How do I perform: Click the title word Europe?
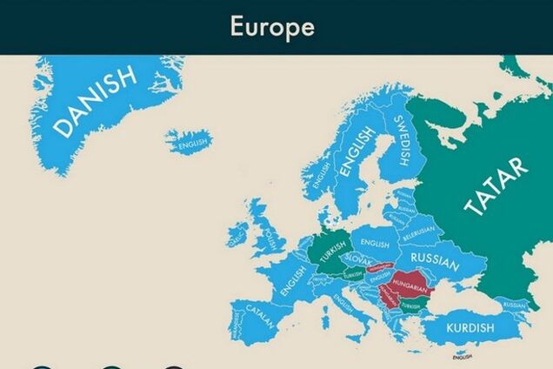pos(272,26)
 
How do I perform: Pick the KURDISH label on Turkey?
pos(470,328)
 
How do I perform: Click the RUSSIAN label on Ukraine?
pos(435,258)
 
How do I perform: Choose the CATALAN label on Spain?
pos(260,314)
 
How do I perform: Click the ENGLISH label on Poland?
pos(376,245)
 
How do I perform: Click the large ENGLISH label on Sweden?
pos(356,152)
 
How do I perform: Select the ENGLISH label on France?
pos(293,279)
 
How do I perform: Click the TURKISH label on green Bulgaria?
pos(411,306)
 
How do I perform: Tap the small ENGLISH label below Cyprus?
pos(463,357)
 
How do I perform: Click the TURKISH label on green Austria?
pos(352,275)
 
